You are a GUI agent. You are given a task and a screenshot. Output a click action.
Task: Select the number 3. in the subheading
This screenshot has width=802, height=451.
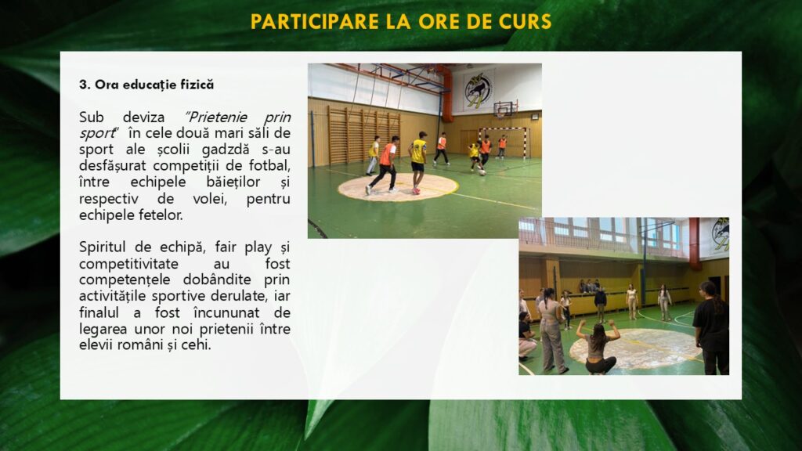point(85,85)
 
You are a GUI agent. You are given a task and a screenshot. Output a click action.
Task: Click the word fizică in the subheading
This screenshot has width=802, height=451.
point(195,85)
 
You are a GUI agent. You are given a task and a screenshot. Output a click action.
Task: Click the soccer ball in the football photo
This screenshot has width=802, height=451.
point(482,172)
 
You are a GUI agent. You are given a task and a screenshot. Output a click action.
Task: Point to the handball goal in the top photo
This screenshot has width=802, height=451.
point(504,142)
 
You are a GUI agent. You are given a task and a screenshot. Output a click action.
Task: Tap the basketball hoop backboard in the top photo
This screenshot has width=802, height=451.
point(503,108)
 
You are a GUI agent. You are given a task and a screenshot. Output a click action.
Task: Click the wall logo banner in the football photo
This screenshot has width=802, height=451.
point(479,90)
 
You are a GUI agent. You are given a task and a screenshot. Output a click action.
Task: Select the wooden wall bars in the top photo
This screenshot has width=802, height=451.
point(363,135)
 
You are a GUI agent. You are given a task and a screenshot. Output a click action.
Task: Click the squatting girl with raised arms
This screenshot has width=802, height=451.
point(598,347)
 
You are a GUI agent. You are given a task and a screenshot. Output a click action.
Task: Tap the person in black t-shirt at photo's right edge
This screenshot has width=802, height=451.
point(711,327)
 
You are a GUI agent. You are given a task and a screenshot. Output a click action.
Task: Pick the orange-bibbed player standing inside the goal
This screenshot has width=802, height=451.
point(502,146)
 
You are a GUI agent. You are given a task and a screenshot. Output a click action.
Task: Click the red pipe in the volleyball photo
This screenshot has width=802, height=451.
point(695,244)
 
